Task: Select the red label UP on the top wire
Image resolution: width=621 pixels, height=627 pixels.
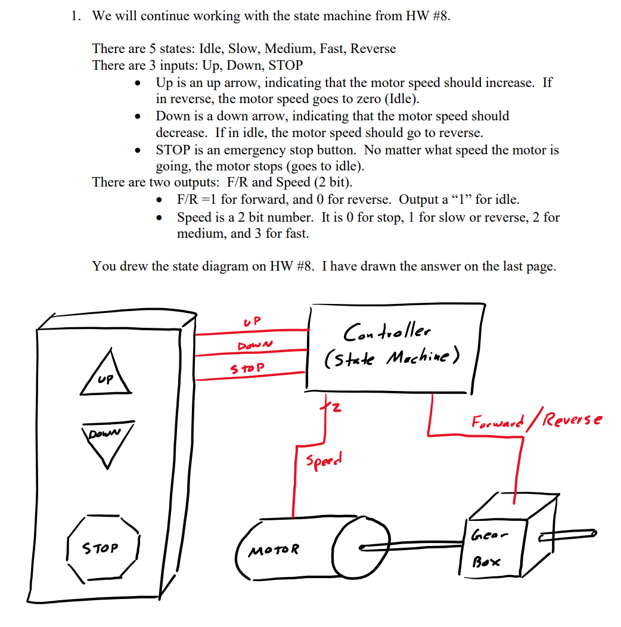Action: coord(253,321)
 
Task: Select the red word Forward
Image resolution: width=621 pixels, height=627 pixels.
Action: coord(497,423)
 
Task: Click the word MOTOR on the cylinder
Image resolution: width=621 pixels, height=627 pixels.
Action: coord(275,549)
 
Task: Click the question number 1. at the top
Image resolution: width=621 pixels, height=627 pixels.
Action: coord(75,16)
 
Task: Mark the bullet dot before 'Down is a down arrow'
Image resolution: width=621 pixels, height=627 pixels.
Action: coord(139,116)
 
